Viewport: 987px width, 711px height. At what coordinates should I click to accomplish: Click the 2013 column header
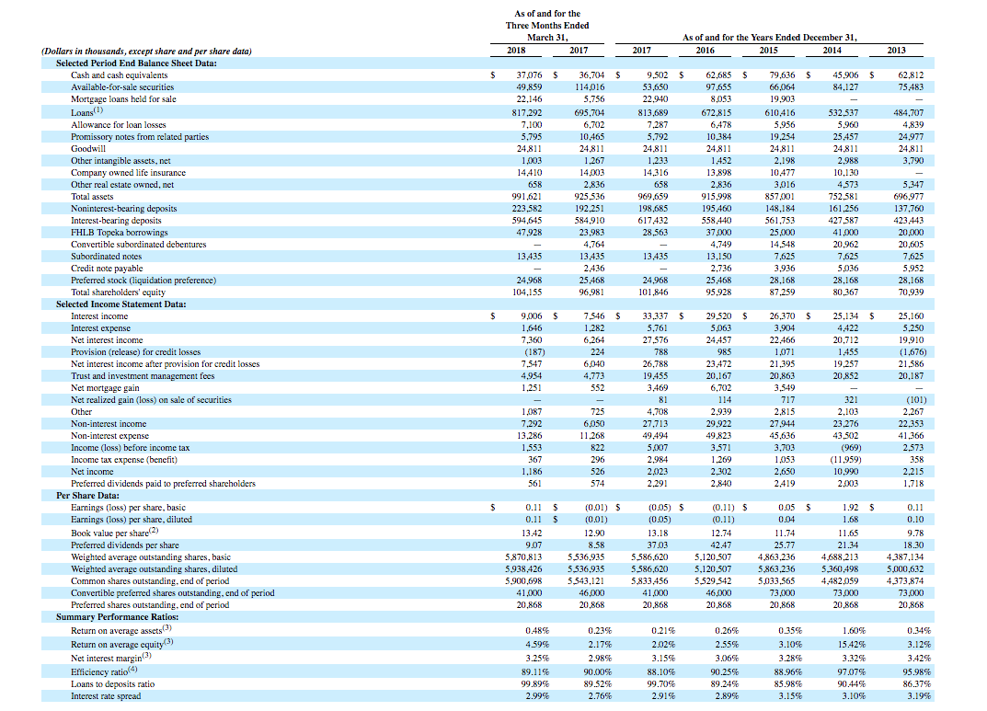coord(896,51)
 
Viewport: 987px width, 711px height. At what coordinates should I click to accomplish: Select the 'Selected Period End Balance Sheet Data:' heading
coord(136,63)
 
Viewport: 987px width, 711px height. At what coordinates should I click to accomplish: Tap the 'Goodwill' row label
coord(88,148)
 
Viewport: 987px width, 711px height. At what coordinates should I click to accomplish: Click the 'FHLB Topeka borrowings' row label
coord(120,232)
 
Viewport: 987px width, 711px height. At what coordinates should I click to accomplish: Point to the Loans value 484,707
coord(908,112)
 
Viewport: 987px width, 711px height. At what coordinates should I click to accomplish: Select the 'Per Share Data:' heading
coord(87,495)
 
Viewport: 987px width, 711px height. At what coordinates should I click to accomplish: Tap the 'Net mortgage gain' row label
coord(105,387)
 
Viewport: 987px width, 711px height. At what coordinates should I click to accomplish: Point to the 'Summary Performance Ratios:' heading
coord(117,616)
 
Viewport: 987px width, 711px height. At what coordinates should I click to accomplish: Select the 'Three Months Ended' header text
coord(547,25)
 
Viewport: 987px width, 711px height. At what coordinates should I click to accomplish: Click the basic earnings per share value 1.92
coord(851,507)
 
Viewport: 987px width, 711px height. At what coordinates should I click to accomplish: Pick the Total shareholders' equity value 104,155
coord(527,292)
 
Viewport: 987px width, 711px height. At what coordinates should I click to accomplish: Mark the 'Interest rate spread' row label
coord(106,696)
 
